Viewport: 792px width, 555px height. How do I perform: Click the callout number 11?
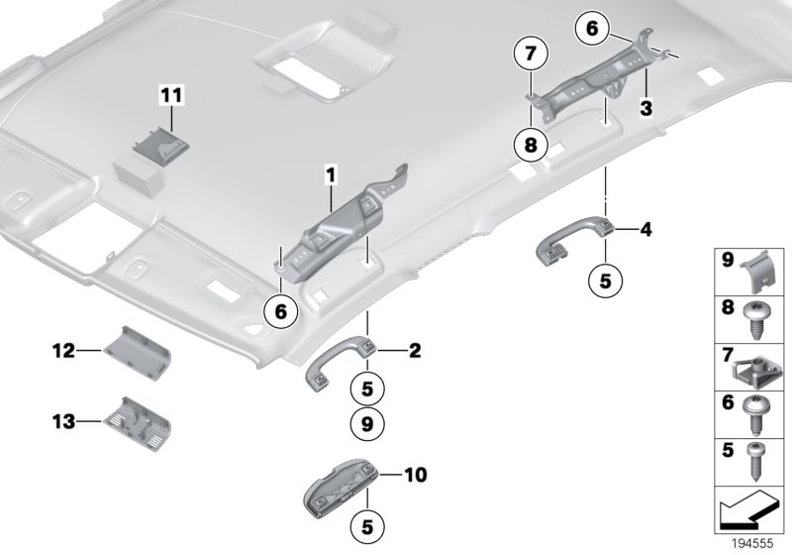point(172,96)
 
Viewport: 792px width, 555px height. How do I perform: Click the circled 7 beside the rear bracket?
point(531,52)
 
